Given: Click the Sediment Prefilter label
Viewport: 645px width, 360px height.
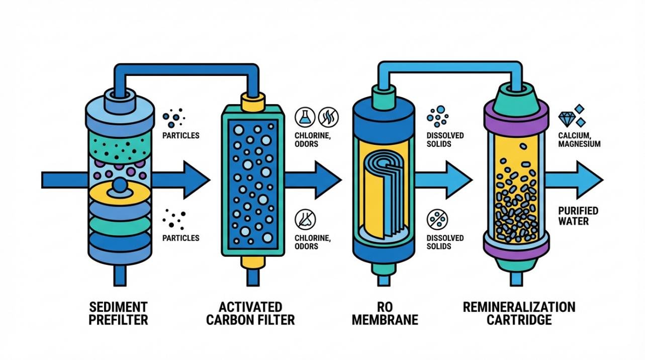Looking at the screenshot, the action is (118, 313).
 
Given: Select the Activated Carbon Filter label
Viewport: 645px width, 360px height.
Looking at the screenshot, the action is (250, 313).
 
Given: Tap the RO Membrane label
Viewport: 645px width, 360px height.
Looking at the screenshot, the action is (385, 313).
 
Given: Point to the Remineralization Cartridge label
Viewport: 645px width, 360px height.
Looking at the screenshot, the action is (519, 313).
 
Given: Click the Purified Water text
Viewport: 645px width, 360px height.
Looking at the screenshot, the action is (578, 216).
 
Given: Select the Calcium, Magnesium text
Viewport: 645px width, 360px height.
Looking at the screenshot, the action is (579, 139).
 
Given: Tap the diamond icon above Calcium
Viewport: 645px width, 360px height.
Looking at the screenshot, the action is (567, 119).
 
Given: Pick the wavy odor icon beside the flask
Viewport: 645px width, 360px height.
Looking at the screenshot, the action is (328, 117).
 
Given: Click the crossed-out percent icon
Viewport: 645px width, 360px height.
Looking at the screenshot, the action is (437, 219).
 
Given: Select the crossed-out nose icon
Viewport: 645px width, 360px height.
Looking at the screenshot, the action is (305, 219).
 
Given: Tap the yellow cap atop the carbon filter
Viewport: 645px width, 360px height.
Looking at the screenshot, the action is (252, 102).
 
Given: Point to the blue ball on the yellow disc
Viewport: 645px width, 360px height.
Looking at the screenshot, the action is (120, 185).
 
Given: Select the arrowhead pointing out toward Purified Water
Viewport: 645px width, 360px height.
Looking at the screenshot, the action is (588, 180).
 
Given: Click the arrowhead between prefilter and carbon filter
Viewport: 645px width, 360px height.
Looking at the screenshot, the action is (196, 180).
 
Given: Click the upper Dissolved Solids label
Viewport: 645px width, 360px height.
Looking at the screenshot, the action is (445, 139).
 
